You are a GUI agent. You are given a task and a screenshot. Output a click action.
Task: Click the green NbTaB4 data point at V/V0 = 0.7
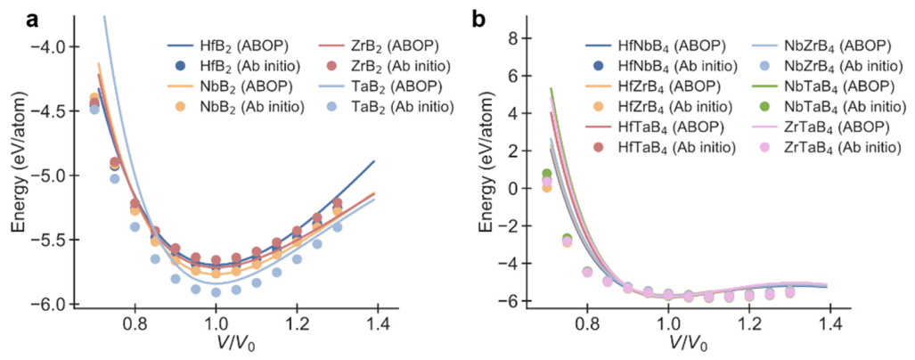coord(547,173)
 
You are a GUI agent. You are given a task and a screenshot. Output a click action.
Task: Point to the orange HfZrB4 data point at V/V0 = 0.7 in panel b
coord(547,187)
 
